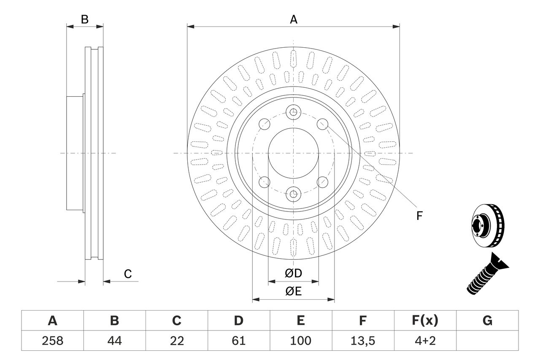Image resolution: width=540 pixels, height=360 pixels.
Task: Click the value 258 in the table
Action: point(52,341)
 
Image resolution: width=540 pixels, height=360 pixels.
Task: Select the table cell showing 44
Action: point(114,341)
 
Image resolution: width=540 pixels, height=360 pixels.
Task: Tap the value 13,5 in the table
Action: point(362,341)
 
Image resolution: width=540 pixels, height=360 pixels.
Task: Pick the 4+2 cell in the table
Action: point(425,341)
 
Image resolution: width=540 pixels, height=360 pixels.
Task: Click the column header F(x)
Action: point(425,321)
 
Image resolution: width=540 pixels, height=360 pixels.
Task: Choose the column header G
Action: point(487,321)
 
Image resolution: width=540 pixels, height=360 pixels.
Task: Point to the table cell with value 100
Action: point(300,341)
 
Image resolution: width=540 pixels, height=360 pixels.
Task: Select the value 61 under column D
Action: point(238,341)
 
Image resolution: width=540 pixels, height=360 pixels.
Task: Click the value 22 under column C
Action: point(176,341)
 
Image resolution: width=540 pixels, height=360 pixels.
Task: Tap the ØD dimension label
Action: point(294,273)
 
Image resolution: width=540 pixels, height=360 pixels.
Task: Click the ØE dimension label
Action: point(294,292)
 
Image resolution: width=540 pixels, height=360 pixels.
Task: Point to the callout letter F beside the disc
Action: point(419,216)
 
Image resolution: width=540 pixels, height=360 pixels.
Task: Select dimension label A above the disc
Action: point(293,19)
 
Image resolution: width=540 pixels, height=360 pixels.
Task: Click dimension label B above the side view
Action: point(85,19)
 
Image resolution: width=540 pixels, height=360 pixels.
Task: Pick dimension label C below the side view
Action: point(128,274)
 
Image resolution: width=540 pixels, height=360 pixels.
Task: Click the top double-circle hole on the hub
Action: point(293,112)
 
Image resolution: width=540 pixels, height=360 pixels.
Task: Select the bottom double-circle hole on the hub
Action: point(293,194)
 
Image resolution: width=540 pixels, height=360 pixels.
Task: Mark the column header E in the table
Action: point(300,321)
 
